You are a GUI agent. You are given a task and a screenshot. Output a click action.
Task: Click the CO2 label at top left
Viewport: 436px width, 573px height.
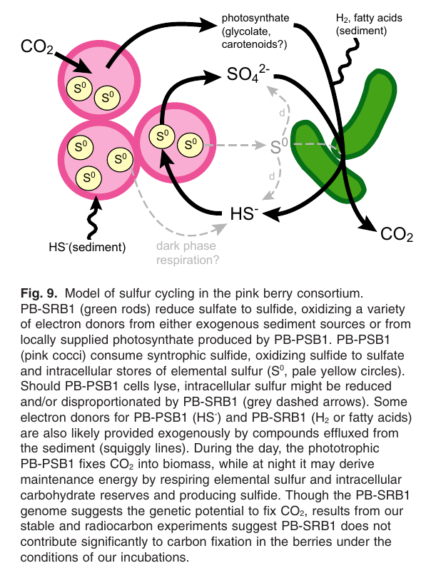[36, 47]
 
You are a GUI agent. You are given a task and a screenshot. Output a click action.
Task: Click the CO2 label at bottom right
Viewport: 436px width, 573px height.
[397, 234]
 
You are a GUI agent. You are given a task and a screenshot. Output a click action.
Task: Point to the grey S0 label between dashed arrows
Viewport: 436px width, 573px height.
[279, 147]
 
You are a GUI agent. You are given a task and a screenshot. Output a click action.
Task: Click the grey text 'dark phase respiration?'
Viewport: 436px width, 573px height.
[188, 254]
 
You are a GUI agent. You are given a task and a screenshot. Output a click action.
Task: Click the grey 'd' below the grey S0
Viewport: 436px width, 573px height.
[273, 176]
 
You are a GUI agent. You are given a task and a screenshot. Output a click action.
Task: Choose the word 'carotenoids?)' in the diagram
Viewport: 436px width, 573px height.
[254, 45]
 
